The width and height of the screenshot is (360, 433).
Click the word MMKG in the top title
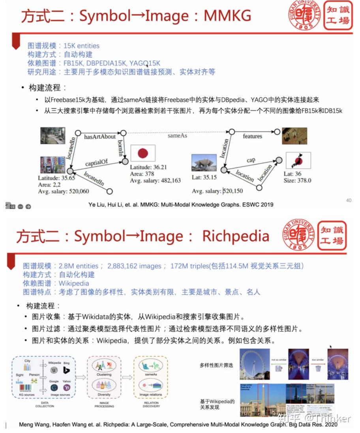click(x=227, y=15)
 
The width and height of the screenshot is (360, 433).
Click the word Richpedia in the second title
click(x=236, y=236)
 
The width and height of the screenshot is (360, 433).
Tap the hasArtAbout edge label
click(x=100, y=137)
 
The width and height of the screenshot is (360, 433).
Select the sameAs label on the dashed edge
click(x=177, y=135)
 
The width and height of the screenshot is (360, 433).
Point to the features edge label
click(x=253, y=136)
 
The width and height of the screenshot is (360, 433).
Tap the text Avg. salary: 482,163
click(x=156, y=180)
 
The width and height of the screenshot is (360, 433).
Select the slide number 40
click(x=349, y=200)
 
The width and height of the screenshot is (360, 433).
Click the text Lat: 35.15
click(x=203, y=177)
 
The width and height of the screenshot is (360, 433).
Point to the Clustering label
click(x=104, y=374)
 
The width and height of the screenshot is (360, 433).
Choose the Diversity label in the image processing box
click(x=104, y=394)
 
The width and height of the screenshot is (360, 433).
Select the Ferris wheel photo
click(x=255, y=364)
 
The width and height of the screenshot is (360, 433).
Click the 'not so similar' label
click(x=278, y=360)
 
